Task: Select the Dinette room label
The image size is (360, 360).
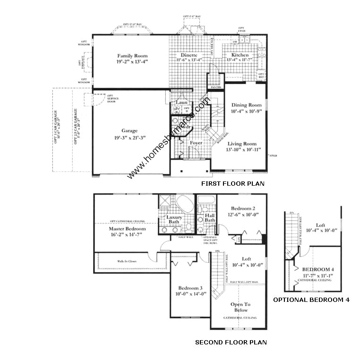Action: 189,55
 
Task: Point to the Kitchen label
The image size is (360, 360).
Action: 240,55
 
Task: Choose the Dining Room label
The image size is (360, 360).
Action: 246,105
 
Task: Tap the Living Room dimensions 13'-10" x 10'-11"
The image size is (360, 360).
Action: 242,150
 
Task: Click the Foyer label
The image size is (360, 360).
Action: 196,142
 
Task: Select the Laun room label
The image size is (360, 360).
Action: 181,102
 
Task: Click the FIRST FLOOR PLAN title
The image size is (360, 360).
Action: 232,184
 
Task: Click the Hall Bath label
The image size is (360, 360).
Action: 210,218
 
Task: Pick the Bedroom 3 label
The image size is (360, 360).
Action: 190,288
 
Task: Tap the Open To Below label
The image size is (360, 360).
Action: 240,308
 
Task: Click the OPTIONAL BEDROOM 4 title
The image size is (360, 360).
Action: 312,300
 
